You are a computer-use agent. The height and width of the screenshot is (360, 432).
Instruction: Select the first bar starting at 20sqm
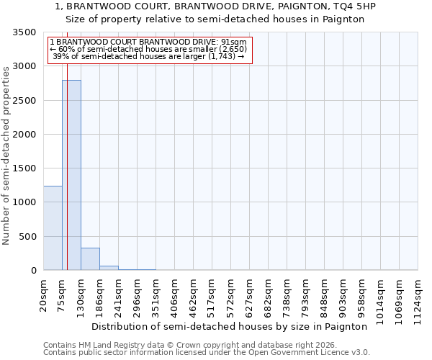(53, 228)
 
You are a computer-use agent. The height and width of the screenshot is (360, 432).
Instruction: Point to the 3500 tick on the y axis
(24, 33)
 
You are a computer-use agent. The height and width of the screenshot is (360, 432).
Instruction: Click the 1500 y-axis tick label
(24, 168)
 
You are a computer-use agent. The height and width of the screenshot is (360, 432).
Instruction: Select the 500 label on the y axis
(27, 237)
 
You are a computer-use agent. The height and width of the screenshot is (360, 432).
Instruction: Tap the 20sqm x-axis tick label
(44, 295)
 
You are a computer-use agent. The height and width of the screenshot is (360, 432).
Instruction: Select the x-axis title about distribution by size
(230, 326)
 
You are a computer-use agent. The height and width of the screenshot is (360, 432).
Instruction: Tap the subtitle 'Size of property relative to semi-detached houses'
(215, 19)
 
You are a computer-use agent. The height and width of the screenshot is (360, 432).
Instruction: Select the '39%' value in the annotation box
(59, 56)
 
